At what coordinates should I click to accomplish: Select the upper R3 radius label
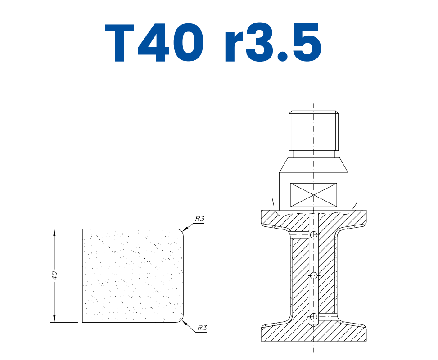(x=200, y=219)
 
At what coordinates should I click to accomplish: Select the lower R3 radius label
(x=202, y=328)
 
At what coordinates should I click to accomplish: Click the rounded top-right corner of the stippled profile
(x=182, y=231)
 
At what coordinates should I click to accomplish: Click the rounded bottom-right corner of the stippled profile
(x=182, y=320)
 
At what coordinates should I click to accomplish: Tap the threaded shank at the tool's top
(x=314, y=130)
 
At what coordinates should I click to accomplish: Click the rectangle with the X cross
(x=314, y=195)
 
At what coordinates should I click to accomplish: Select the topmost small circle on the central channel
(x=314, y=234)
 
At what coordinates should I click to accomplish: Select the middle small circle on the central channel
(x=314, y=275)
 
